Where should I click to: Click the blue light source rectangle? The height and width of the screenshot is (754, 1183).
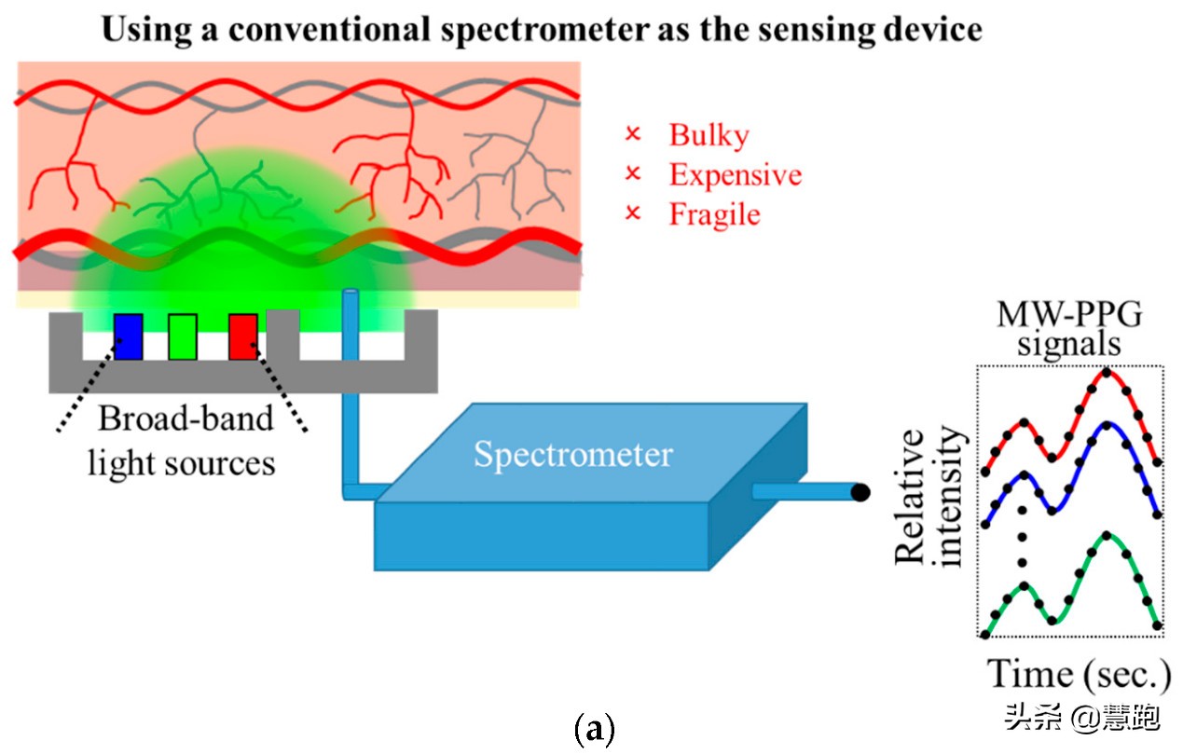click(128, 336)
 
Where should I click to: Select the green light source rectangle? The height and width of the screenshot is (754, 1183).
click(183, 336)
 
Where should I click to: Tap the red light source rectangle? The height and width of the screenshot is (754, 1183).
click(242, 336)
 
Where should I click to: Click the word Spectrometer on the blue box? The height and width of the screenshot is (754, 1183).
click(572, 454)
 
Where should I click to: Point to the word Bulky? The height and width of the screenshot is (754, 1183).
click(708, 135)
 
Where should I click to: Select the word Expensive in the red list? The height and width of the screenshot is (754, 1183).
click(735, 174)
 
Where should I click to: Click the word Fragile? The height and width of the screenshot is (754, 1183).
click(714, 214)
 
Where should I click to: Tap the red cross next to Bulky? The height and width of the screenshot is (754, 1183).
click(633, 135)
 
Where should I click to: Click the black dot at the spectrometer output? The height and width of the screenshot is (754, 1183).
click(861, 491)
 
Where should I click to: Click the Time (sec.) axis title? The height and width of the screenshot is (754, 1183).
click(1078, 673)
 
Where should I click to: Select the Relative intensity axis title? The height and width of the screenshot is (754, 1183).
click(928, 496)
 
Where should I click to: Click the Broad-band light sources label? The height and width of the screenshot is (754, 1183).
click(184, 439)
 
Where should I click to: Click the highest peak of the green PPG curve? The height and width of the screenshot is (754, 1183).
click(1106, 535)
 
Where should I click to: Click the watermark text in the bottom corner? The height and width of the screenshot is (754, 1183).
click(1081, 718)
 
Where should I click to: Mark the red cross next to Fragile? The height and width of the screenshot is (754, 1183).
click(633, 214)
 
